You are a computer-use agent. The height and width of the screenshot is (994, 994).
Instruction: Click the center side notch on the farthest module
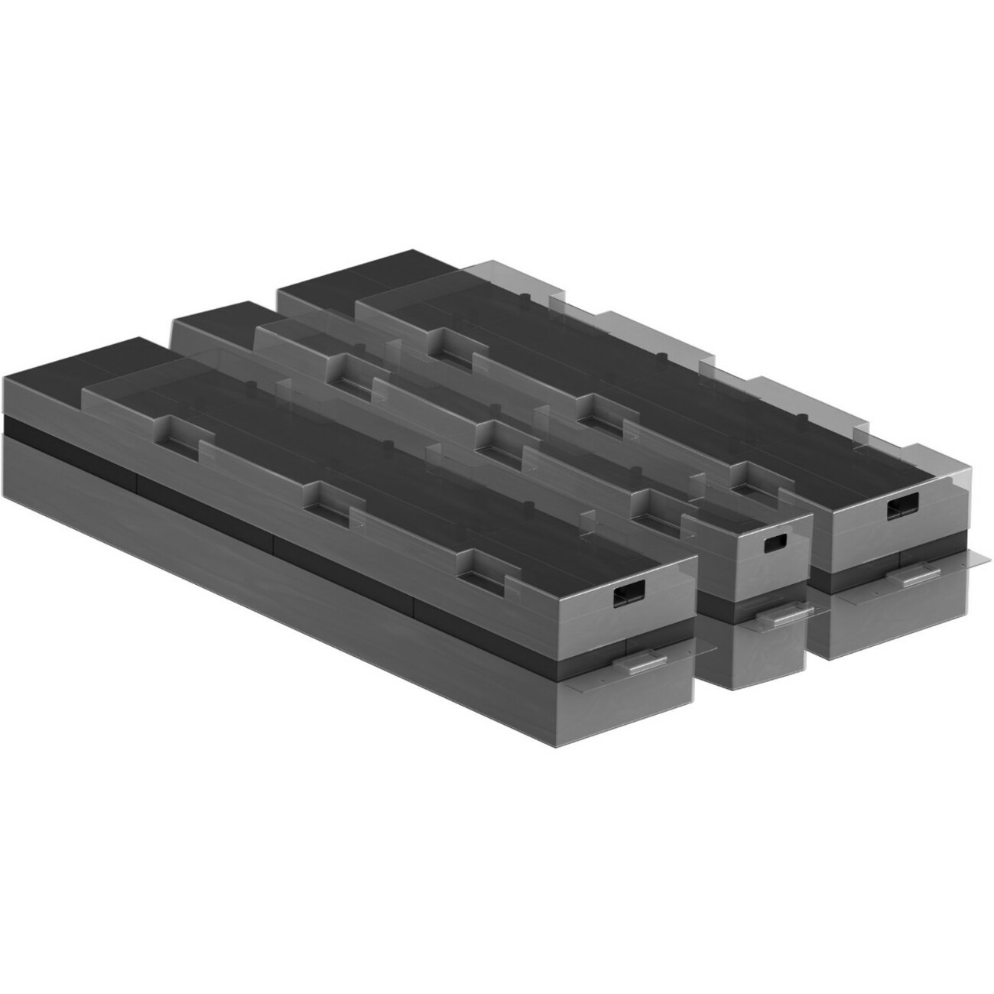pos(596,407)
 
